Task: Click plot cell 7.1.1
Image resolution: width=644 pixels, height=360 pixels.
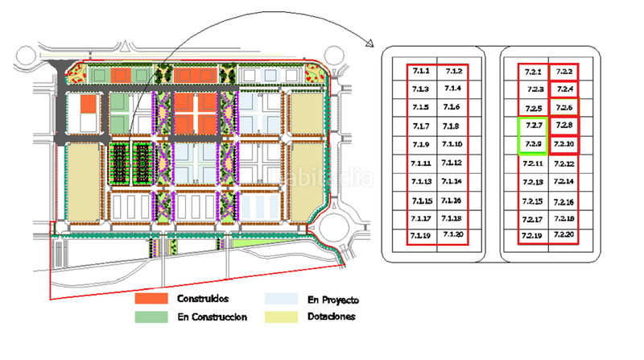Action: tap(421, 71)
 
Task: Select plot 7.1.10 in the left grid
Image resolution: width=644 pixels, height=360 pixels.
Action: tap(452, 145)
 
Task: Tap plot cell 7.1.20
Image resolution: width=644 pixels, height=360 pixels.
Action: tap(452, 235)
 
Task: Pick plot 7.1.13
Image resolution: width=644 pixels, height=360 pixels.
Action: tap(421, 181)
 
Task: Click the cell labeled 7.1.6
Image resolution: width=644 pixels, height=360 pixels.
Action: tap(452, 107)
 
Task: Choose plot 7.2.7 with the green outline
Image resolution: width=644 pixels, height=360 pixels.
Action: tap(532, 126)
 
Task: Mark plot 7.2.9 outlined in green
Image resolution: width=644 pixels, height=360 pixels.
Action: tap(532, 145)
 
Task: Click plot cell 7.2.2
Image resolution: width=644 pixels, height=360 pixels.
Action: tap(563, 72)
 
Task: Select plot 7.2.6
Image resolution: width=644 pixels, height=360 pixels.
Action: tap(563, 108)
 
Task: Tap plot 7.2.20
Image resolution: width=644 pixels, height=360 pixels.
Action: tap(563, 235)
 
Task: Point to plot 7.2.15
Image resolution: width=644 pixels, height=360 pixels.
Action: tap(532, 200)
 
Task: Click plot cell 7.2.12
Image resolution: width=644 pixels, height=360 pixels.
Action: tap(563, 163)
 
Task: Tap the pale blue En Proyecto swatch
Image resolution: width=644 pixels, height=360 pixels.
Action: tap(281, 299)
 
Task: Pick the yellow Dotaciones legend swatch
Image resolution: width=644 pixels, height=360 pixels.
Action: tap(281, 317)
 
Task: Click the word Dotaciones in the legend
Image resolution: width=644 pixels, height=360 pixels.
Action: tap(332, 317)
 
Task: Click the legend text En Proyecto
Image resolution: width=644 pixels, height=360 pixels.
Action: tap(332, 300)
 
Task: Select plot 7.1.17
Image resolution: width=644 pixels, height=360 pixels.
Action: tap(421, 217)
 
